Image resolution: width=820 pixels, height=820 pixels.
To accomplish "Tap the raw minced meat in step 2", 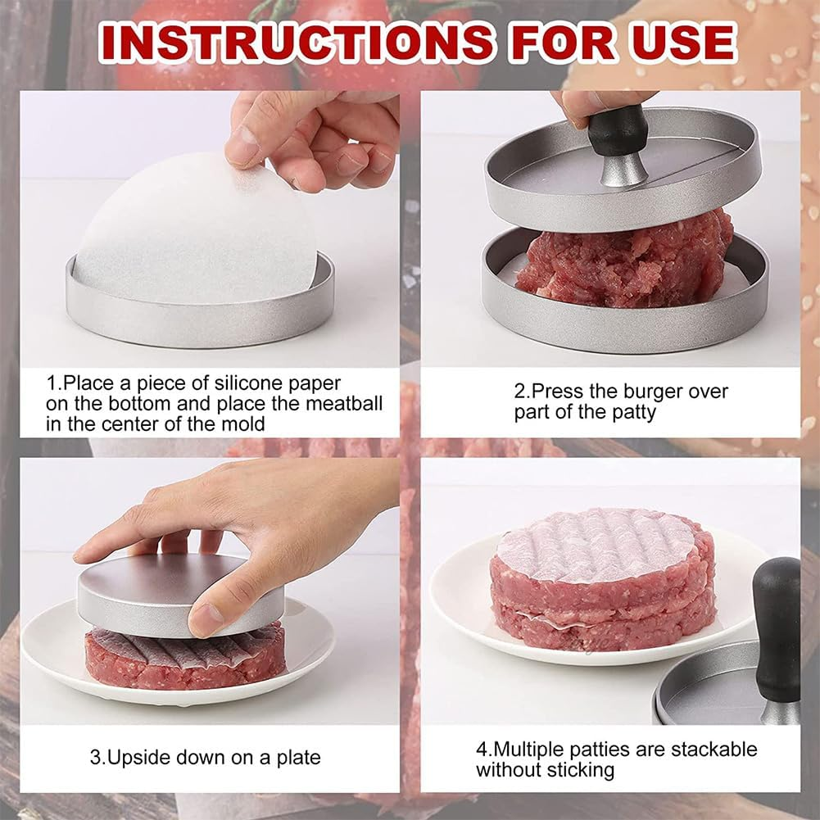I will click(623, 262).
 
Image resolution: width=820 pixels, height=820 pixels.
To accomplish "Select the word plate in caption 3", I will click(296, 758).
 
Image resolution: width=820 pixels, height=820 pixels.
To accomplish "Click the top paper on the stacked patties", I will click(598, 545).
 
